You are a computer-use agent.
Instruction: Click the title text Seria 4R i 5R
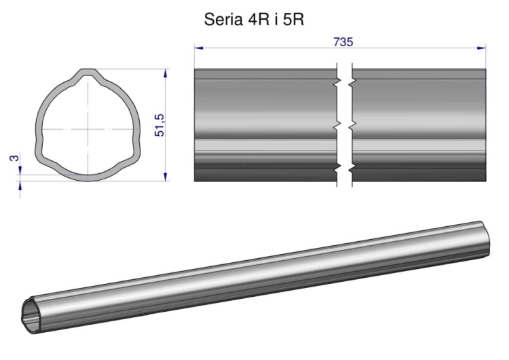tap(254, 20)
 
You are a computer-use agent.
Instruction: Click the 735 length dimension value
tap(343, 42)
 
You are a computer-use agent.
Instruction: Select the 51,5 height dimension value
tap(159, 126)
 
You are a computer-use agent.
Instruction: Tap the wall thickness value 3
tap(14, 158)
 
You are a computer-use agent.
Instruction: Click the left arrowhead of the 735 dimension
tap(199, 48)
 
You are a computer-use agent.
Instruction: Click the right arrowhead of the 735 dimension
tap(482, 48)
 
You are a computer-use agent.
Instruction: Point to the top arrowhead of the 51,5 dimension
tap(166, 73)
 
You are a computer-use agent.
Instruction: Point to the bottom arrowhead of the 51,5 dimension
tap(166, 177)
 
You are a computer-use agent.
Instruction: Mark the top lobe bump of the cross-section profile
tap(88, 73)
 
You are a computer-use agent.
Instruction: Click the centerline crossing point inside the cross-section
tap(88, 129)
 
